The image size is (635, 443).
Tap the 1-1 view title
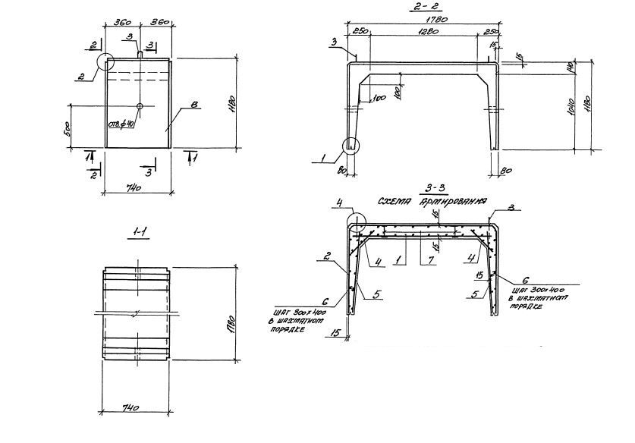click(x=140, y=233)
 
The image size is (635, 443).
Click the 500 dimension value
click(x=68, y=126)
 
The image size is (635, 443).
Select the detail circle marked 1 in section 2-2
click(x=351, y=146)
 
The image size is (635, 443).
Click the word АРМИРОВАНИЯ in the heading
click(x=456, y=203)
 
